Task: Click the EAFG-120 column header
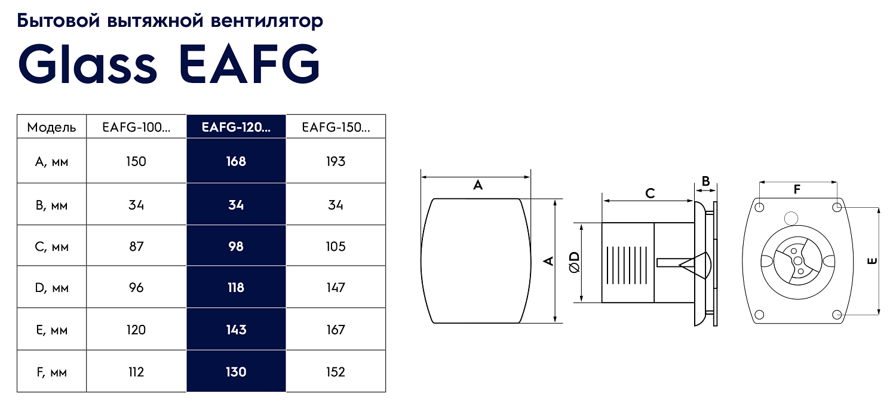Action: pos(236,127)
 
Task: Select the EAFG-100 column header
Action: pos(136,127)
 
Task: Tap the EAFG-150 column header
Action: pos(336,127)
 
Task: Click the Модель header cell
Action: pos(52,127)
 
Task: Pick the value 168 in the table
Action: pos(236,161)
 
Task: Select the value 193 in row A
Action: pos(336,161)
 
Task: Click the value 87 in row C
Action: pos(136,246)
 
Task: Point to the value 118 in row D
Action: pos(236,288)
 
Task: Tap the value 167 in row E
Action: pos(336,330)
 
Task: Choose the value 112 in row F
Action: pos(136,372)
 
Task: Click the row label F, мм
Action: pos(52,373)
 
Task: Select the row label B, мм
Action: pos(52,205)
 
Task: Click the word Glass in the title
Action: pos(87,63)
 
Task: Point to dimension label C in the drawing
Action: pos(650,193)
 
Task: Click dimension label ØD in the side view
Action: pos(574,262)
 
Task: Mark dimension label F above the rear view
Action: pos(797,190)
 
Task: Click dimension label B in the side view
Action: pos(705,181)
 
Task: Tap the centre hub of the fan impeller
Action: pos(797,260)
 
